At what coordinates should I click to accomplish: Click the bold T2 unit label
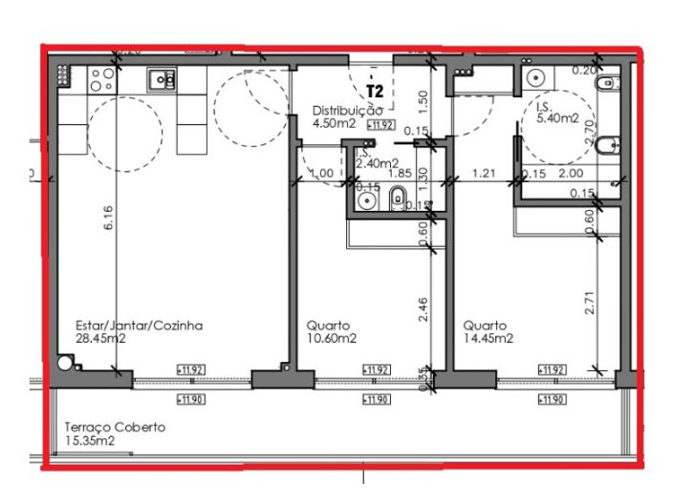(x=375, y=93)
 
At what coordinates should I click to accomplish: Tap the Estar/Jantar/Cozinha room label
(x=139, y=325)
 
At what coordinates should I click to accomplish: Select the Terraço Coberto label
(x=114, y=428)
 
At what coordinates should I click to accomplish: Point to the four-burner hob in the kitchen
(x=64, y=76)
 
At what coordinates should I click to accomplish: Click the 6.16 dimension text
(x=109, y=220)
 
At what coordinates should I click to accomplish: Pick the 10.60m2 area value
(x=332, y=338)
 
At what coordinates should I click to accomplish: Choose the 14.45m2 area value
(x=489, y=338)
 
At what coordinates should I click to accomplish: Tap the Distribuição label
(x=347, y=111)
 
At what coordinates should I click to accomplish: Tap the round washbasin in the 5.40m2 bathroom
(x=534, y=78)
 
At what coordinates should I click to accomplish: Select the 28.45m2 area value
(x=100, y=338)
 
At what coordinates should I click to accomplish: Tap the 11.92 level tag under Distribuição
(x=381, y=124)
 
